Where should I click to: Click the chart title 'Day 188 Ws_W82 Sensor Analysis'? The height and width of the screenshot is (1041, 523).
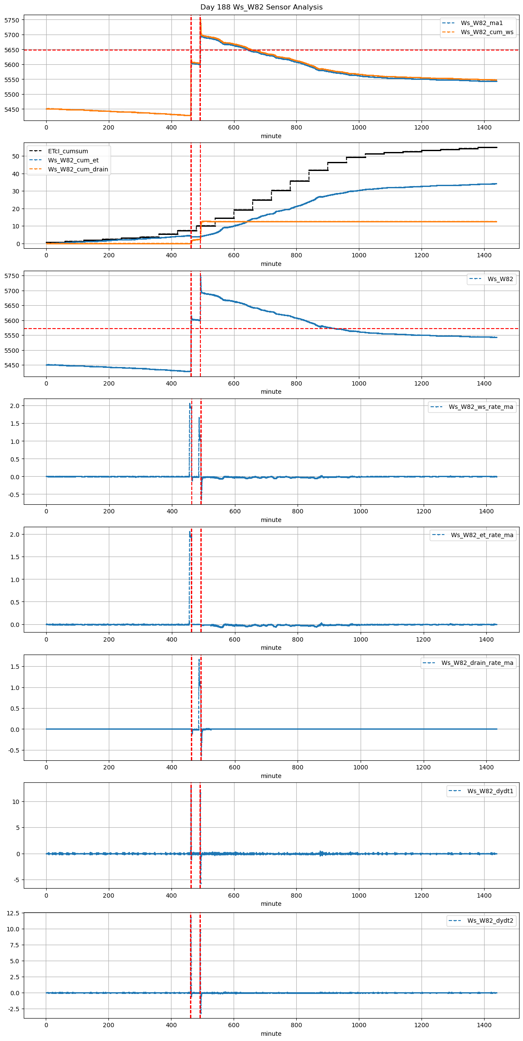[261, 7]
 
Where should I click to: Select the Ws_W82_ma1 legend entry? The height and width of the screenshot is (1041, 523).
[482, 23]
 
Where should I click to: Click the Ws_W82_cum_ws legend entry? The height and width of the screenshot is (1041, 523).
[487, 32]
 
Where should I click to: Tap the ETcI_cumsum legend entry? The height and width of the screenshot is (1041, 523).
[68, 151]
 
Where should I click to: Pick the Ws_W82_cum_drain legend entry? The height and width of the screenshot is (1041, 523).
[78, 169]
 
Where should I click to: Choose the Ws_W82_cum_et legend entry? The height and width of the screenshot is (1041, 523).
[73, 160]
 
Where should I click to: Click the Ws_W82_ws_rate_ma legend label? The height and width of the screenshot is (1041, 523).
[481, 407]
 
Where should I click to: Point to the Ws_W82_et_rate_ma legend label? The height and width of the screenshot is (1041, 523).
[482, 535]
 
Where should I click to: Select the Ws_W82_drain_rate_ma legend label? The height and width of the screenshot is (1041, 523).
[477, 663]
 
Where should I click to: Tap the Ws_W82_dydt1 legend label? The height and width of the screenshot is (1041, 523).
[490, 791]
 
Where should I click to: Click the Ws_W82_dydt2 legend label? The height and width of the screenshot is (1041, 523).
[490, 921]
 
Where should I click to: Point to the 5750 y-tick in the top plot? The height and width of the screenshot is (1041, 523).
[12, 20]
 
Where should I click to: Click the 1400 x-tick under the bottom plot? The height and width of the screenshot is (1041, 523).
[484, 1025]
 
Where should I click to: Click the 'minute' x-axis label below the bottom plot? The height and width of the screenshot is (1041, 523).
[271, 1034]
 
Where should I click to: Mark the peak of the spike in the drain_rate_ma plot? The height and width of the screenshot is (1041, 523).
[199, 660]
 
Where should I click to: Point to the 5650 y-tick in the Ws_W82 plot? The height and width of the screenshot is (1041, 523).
[12, 306]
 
